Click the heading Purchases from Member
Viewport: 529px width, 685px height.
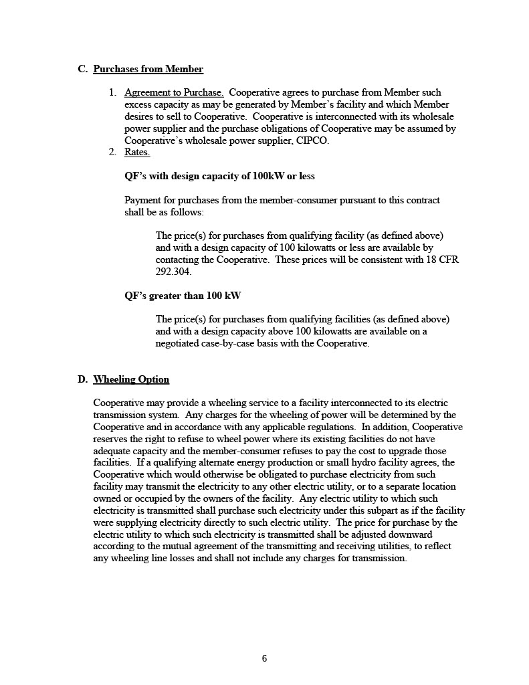148,69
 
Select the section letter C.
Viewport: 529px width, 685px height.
83,69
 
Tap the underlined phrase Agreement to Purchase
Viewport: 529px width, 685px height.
174,92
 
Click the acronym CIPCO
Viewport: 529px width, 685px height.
312,140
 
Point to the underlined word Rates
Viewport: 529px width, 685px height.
137,153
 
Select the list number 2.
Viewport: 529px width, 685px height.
112,153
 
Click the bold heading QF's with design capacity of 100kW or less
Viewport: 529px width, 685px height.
219,177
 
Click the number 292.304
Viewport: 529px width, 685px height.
173,272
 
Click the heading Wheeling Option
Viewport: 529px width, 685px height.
131,380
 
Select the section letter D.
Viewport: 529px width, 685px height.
83,380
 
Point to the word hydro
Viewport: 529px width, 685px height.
373,463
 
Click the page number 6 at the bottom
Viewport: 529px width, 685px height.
264,659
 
